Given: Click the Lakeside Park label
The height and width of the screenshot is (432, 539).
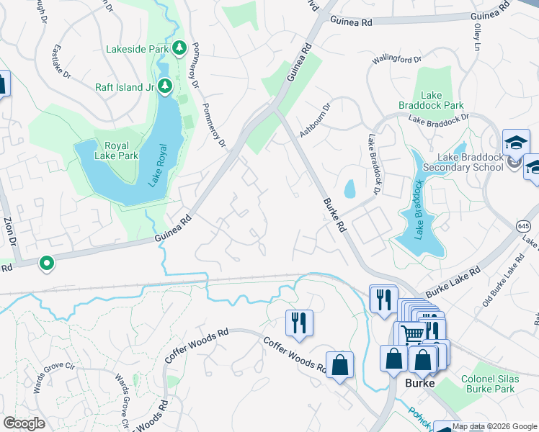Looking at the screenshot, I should pos(136,50).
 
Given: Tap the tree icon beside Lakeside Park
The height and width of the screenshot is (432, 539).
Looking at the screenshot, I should pos(179,49).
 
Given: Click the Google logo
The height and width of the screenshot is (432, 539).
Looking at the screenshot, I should pos(24,423).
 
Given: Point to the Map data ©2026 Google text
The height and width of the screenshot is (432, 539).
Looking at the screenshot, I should pos(494,426).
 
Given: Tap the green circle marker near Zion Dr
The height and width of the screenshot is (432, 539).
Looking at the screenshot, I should pos(48,264).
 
